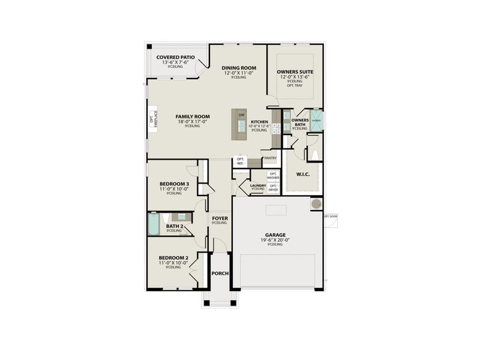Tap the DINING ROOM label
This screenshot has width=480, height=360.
coord(239,68)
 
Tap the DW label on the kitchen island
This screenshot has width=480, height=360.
coord(241,115)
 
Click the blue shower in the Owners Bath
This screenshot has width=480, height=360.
coord(316,120)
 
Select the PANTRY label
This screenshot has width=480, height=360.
coord(270,158)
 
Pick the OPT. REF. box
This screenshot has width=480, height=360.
coord(240,161)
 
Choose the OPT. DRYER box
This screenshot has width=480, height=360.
coord(274,187)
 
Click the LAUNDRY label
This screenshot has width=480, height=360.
coord(258,185)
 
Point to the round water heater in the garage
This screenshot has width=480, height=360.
coord(316,205)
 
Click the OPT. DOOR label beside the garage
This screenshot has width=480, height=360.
coord(331,216)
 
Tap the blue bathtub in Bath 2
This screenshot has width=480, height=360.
coord(154,225)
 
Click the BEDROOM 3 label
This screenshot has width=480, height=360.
coord(174,184)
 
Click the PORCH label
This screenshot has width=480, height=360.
coord(220,274)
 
